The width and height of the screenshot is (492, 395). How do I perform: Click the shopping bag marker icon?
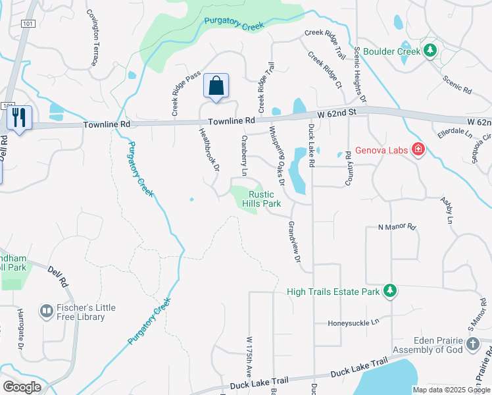pyautogui.click(x=216, y=86)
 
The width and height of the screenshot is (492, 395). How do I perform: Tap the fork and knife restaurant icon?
pyautogui.click(x=19, y=117)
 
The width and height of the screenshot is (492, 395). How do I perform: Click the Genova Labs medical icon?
pyautogui.click(x=417, y=150)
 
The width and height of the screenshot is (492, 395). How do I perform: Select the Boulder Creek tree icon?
pyautogui.click(x=430, y=50)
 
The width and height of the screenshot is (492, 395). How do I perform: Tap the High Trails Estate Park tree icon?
pyautogui.click(x=390, y=290)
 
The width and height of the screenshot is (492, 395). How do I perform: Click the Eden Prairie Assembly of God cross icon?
pyautogui.click(x=472, y=344)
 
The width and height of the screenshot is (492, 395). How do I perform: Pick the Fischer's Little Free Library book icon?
pyautogui.click(x=47, y=311)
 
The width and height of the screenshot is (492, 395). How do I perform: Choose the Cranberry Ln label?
pyautogui.click(x=244, y=155)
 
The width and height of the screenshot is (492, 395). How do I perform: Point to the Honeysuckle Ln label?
pyautogui.click(x=355, y=323)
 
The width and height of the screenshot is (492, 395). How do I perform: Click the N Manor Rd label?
pyautogui.click(x=397, y=227)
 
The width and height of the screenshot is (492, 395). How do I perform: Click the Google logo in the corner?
pyautogui.click(x=22, y=387)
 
